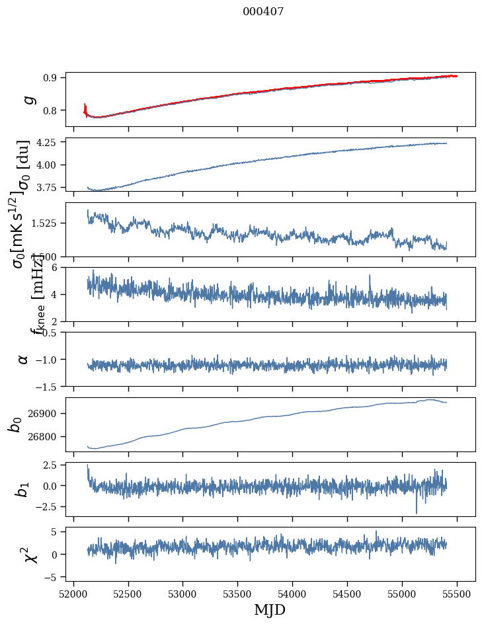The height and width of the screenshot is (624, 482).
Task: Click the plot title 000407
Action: click(263, 12)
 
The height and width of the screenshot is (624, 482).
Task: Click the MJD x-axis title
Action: click(270, 609)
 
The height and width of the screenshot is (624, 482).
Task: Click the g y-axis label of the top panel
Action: click(28, 99)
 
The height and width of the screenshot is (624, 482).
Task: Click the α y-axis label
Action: click(23, 359)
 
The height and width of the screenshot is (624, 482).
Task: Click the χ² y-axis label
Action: click(30, 555)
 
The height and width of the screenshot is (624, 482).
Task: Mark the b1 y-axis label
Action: click(23, 490)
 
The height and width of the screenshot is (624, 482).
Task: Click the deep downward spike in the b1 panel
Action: click(417, 511)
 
